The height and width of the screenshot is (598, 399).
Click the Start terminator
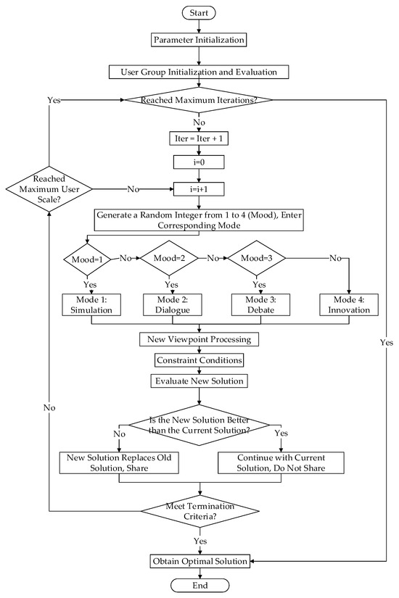199,14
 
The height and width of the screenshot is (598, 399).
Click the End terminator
199,585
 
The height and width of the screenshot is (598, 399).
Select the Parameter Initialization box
199,40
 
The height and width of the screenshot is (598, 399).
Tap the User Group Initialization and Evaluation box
199,72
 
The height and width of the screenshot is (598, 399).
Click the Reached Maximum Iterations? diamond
199,101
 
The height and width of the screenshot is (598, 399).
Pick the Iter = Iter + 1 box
199,135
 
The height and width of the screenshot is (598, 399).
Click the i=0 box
199,163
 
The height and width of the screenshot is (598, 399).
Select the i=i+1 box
199,190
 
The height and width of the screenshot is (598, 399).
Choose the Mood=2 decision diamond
171,257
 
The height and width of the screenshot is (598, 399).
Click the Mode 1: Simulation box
90,304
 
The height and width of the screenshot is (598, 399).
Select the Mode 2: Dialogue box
171,304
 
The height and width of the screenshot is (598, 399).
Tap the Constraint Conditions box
199,360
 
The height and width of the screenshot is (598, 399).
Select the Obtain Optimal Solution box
199,560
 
